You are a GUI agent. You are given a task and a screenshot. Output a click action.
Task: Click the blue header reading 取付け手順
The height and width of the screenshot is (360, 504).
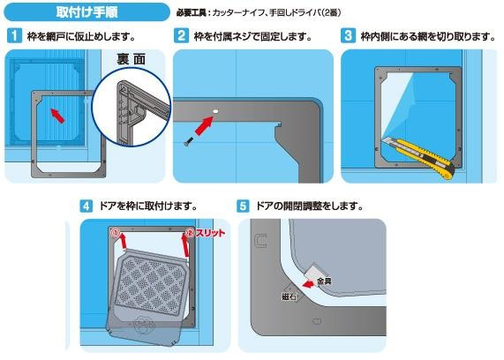pyautogui.click(x=87, y=12)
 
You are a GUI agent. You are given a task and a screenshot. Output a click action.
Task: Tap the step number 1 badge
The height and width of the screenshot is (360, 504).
pyautogui.click(x=14, y=35)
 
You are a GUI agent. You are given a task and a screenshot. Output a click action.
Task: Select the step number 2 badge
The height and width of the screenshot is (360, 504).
pyautogui.click(x=181, y=35)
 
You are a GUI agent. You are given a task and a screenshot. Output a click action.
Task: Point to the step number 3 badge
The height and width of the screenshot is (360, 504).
pyautogui.click(x=348, y=35)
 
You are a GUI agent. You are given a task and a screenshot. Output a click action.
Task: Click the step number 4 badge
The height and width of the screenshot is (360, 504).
pyautogui.click(x=86, y=206)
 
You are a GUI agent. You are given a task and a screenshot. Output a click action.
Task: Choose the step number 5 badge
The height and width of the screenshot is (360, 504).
pyautogui.click(x=243, y=206)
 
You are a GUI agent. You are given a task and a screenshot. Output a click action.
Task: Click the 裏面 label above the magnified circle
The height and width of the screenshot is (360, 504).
pyautogui.click(x=132, y=59)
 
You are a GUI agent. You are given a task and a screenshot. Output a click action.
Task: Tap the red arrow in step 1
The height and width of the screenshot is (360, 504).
pyautogui.click(x=58, y=116)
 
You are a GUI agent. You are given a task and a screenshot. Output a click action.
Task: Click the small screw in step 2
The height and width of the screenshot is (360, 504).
pyautogui.click(x=188, y=142)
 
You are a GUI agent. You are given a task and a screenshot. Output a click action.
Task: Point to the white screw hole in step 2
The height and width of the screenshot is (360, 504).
pyautogui.click(x=215, y=111)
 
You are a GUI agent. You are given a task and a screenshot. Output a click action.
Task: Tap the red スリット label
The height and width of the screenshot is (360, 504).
pyautogui.click(x=210, y=233)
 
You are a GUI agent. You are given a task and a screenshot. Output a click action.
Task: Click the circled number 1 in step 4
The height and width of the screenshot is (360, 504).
pyautogui.click(x=116, y=232)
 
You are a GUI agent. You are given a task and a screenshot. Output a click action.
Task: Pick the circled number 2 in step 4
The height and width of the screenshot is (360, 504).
pyautogui.click(x=191, y=233)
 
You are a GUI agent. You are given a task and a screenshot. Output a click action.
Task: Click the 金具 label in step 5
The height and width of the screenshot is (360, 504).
pyautogui.click(x=324, y=281)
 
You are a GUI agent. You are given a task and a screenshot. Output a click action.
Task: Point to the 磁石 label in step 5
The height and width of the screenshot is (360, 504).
pyautogui.click(x=289, y=296)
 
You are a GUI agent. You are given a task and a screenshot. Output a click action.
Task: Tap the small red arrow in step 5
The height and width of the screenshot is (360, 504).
pyautogui.click(x=308, y=284)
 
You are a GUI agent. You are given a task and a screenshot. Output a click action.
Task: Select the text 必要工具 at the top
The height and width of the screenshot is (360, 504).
pyautogui.click(x=191, y=13)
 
